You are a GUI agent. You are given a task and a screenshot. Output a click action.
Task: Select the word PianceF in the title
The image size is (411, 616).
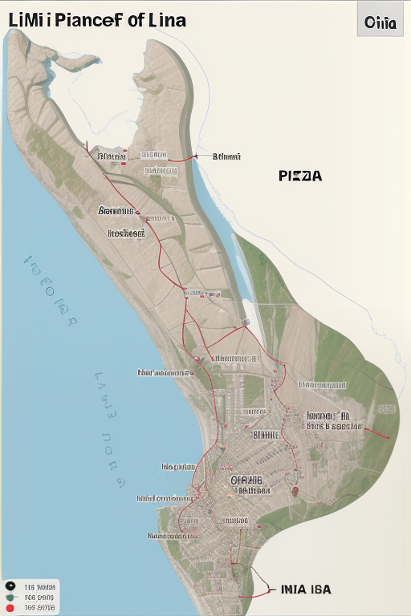[x=84, y=19]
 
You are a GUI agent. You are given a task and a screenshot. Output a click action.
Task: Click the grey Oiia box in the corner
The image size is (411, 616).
[x=380, y=22]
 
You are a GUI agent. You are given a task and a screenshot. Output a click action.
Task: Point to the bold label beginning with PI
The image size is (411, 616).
[x=300, y=176]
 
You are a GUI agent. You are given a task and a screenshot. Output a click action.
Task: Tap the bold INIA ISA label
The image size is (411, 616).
[x=306, y=590]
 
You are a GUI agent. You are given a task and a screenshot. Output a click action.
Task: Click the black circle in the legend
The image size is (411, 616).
[x=10, y=586]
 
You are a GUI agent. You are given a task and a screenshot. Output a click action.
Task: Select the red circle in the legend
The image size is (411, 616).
[x=10, y=608]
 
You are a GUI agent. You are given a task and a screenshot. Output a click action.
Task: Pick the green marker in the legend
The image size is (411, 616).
[x=10, y=598]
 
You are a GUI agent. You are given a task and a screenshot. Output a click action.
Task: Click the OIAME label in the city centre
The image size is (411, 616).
[x=246, y=480]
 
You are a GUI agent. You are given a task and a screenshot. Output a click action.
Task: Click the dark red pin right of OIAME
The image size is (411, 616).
[x=295, y=491]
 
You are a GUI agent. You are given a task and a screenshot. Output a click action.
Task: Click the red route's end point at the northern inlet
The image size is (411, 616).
[x=195, y=157]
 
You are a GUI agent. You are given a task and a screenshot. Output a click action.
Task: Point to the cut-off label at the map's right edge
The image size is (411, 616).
[x=387, y=409]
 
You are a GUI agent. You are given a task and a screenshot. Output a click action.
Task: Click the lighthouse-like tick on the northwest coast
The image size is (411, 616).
[x=85, y=145]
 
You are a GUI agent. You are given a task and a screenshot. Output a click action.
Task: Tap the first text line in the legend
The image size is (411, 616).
[x=40, y=586]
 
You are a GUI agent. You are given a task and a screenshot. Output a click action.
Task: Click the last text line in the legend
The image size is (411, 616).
[x=40, y=608]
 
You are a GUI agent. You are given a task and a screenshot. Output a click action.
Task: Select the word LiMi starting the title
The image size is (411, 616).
[x=25, y=19]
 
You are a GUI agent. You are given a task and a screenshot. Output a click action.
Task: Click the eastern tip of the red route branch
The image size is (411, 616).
[x=389, y=438]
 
